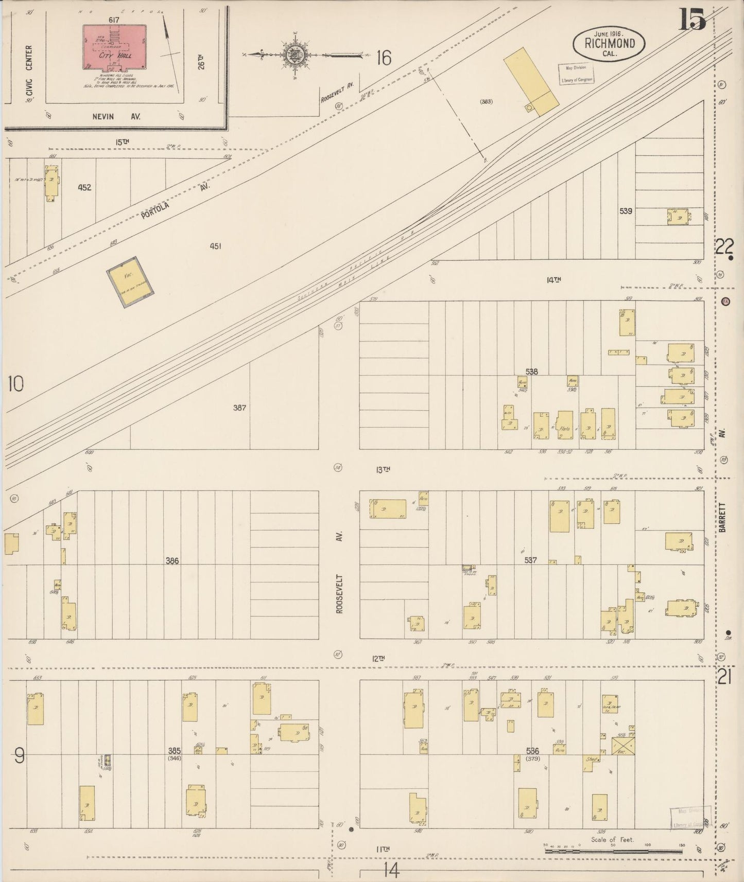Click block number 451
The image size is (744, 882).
tap(215, 246)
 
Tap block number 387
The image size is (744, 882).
tap(239, 408)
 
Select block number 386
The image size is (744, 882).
tap(172, 560)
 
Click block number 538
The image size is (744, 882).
tap(531, 372)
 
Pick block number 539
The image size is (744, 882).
tap(626, 211)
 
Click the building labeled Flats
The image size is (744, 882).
tap(565, 425)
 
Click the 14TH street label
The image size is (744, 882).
tap(553, 280)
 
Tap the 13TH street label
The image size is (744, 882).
tap(383, 469)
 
